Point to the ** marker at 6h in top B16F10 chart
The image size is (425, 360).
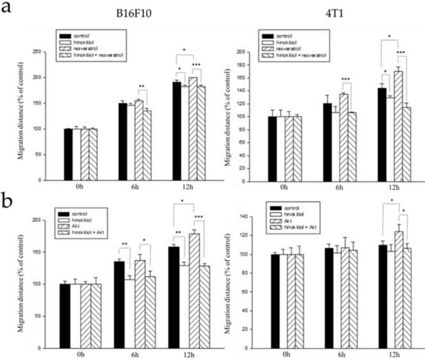tap(142, 86)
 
